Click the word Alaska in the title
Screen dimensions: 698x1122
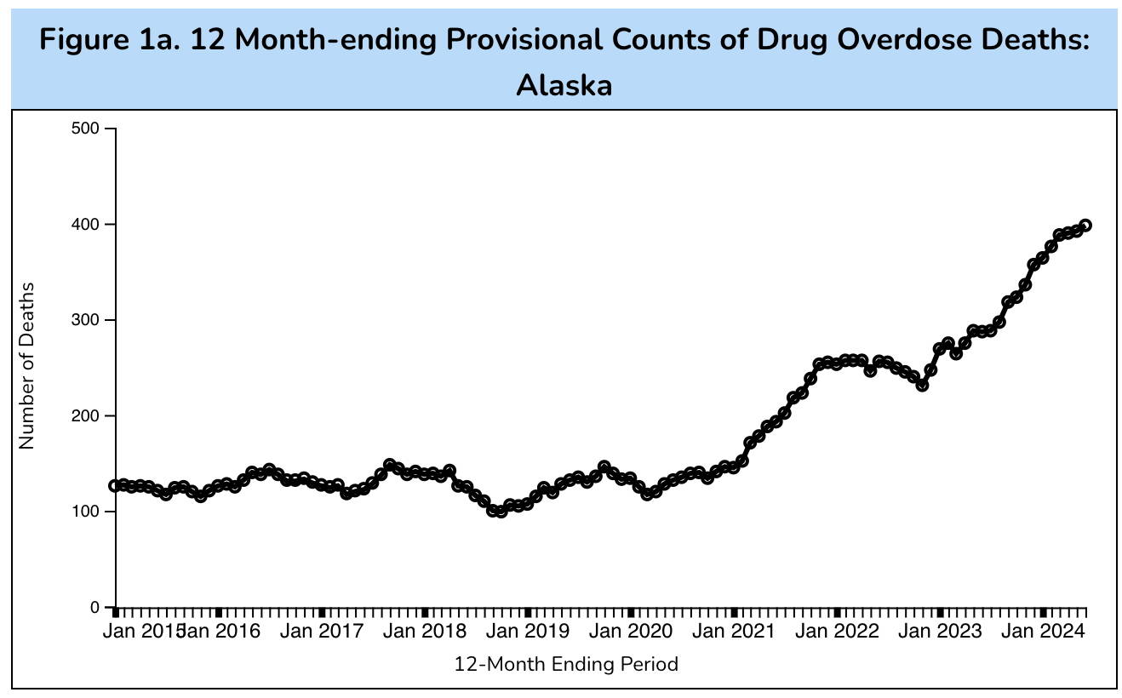click(564, 85)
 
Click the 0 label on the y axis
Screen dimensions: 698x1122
click(94, 608)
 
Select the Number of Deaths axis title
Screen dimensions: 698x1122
click(27, 366)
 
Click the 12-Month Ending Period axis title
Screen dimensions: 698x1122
click(566, 664)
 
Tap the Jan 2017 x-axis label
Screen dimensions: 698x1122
click(322, 632)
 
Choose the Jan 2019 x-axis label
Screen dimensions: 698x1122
click(528, 632)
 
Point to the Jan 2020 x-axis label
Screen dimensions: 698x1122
click(631, 632)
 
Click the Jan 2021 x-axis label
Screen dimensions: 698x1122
click(734, 632)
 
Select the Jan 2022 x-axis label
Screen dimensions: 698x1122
click(837, 632)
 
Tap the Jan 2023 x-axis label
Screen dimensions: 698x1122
click(940, 632)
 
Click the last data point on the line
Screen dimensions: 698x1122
click(1085, 226)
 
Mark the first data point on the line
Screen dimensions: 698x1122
click(115, 486)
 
